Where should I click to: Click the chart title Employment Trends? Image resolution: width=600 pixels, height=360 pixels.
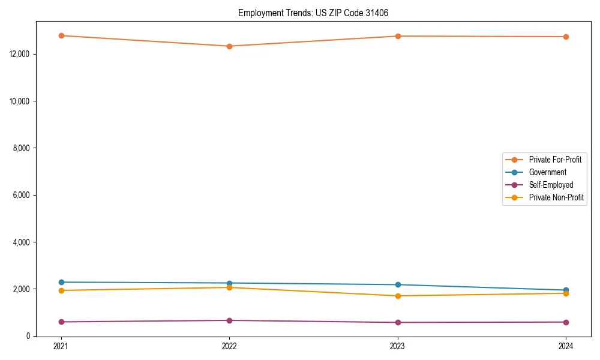pos(317,13)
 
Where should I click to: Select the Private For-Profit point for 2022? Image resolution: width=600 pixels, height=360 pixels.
pos(229,46)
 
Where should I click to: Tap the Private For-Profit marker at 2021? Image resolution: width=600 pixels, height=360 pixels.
pos(61,35)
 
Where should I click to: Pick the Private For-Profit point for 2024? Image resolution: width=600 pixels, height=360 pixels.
pos(566,37)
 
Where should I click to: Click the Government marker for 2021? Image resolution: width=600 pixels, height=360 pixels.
pos(61,282)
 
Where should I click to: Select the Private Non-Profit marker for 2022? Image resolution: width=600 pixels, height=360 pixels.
pos(229,287)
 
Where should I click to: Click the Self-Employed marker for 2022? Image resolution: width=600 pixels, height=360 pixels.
pos(229,320)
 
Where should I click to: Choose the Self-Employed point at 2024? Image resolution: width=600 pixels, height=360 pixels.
pos(566,322)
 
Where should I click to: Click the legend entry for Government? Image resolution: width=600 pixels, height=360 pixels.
pos(547,172)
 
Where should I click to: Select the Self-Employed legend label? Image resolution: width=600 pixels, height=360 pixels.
pos(551,185)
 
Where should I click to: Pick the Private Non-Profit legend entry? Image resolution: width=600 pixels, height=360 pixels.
pos(556,197)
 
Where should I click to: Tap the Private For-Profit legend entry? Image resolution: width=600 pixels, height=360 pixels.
pos(555,160)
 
